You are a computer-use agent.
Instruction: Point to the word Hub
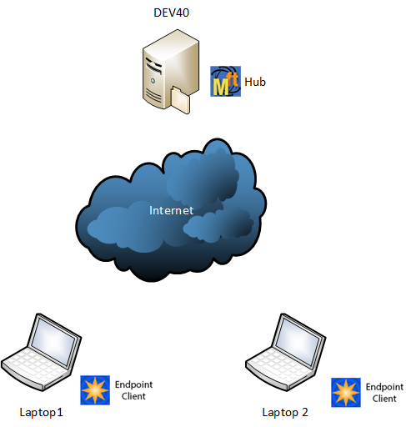[254, 83]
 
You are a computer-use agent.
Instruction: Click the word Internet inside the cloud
[171, 210]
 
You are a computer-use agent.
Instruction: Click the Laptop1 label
[41, 412]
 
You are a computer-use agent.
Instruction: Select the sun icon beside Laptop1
[94, 389]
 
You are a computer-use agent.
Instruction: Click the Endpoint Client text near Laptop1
[133, 389]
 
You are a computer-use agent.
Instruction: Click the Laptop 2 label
[285, 412]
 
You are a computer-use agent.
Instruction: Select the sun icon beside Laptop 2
[346, 392]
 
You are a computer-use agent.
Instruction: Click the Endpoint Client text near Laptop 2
[384, 393]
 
